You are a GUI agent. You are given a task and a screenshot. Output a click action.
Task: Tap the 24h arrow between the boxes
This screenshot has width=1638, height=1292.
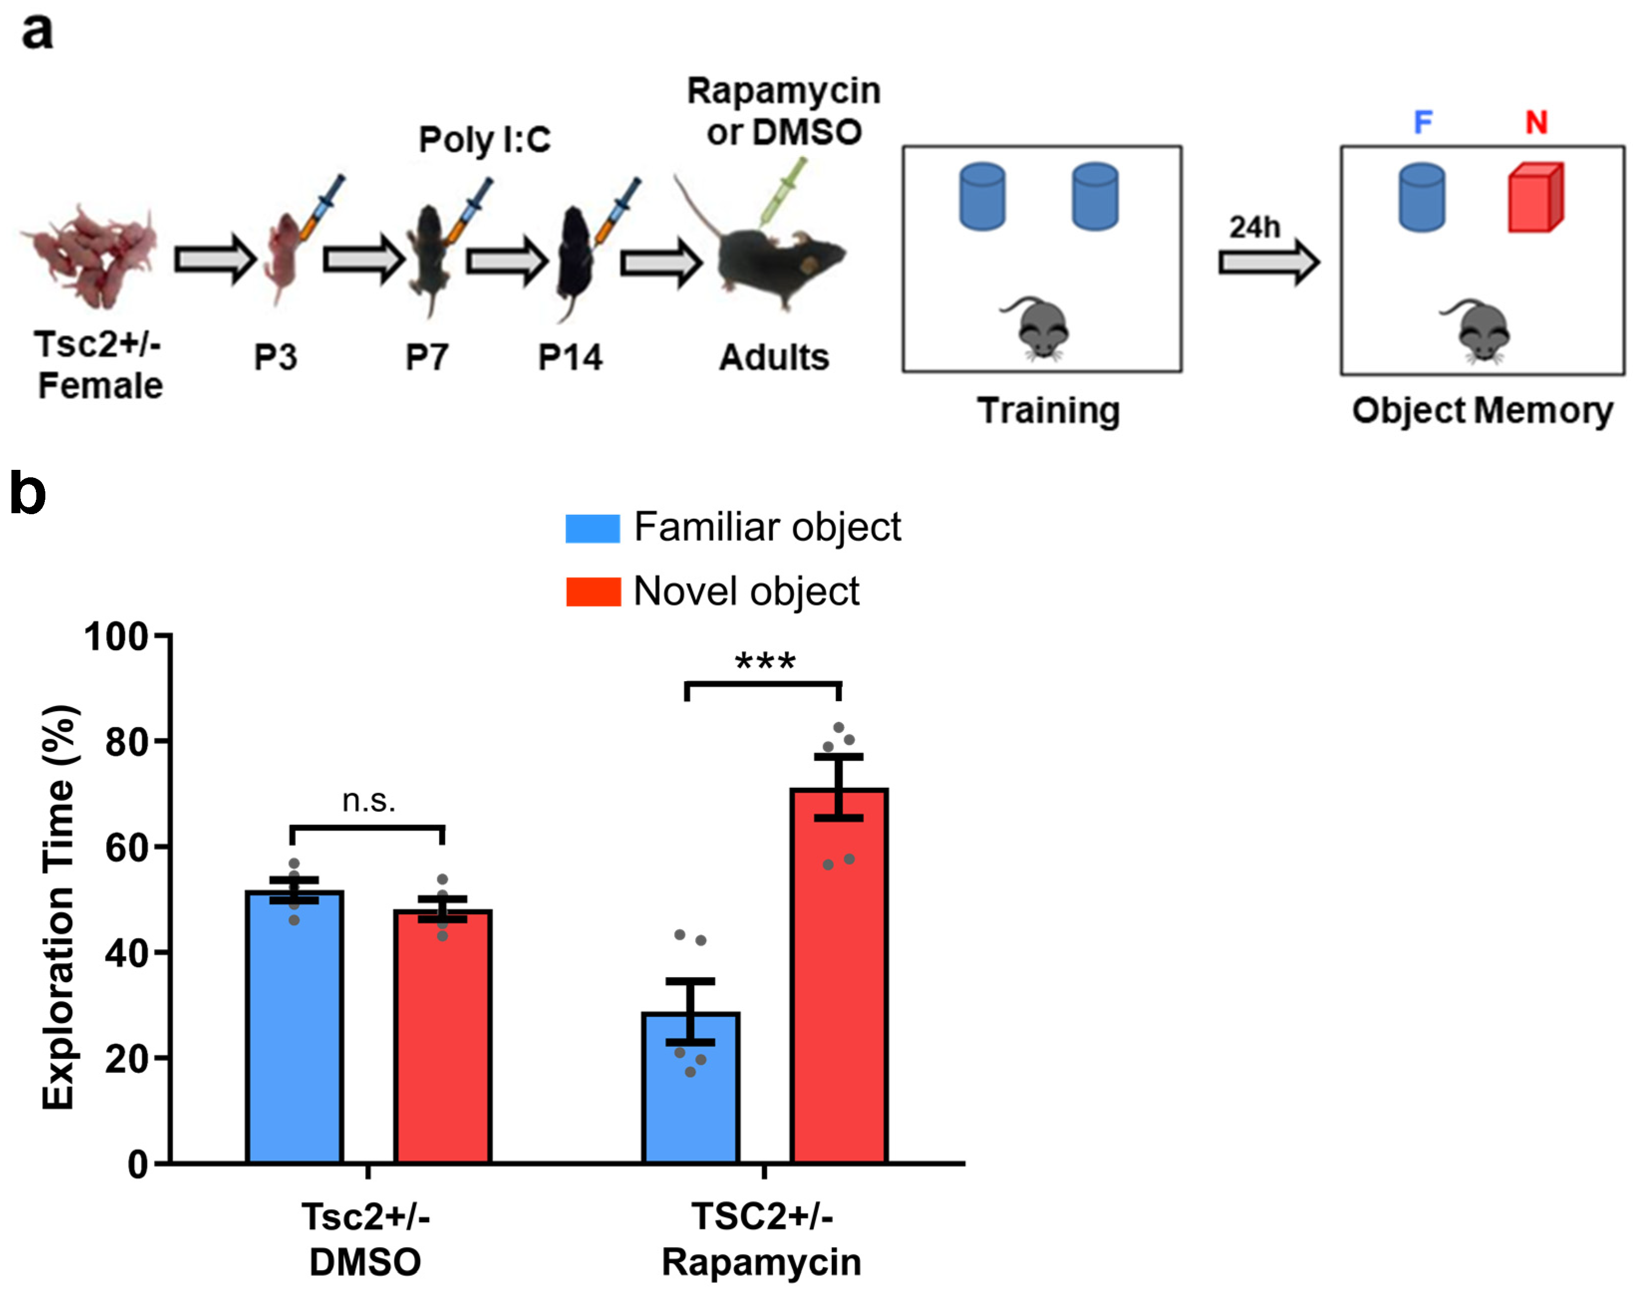(1268, 262)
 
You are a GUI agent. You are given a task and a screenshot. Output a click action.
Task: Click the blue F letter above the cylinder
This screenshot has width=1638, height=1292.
(1422, 122)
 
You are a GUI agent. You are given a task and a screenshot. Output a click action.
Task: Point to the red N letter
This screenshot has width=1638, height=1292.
(1536, 122)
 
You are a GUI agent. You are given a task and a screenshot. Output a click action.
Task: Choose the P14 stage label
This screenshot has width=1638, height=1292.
(570, 357)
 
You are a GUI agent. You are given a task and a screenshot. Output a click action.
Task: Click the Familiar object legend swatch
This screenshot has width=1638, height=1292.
(592, 528)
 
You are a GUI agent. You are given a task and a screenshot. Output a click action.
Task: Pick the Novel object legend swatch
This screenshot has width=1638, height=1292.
(593, 591)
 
